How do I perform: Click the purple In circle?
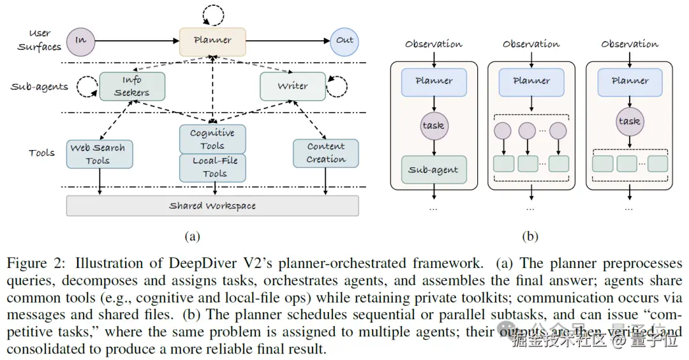[80, 40]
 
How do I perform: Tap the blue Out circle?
[344, 40]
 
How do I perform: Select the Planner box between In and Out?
[212, 41]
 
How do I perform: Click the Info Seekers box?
[132, 86]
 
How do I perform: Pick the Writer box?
[293, 86]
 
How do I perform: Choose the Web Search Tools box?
[100, 154]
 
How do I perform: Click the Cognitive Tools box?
[212, 139]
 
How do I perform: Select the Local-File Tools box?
[214, 167]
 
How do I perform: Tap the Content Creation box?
[325, 153]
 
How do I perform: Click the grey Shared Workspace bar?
[212, 206]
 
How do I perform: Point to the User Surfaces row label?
[40, 40]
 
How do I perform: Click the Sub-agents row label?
[40, 87]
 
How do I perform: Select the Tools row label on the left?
[41, 153]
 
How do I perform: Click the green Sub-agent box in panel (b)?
[434, 170]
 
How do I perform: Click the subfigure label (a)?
[192, 237]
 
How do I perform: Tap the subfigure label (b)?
[530, 237]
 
